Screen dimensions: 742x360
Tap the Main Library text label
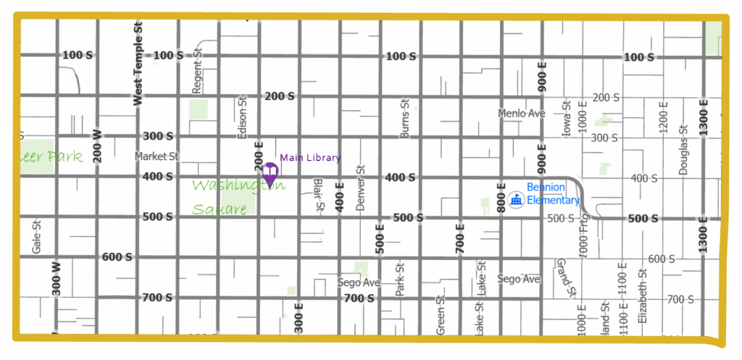coord(310,158)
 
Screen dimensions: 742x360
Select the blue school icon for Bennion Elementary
coord(516,199)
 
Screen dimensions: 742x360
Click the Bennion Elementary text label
coord(553,194)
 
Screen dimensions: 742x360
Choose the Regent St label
coord(196,72)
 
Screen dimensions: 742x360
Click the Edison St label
coord(243,116)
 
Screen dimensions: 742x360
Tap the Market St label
coord(157,156)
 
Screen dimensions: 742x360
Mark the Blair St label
coord(318,196)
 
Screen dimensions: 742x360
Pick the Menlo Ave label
coord(521,114)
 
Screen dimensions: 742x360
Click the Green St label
coord(440,314)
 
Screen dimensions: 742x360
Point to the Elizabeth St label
coord(641,295)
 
